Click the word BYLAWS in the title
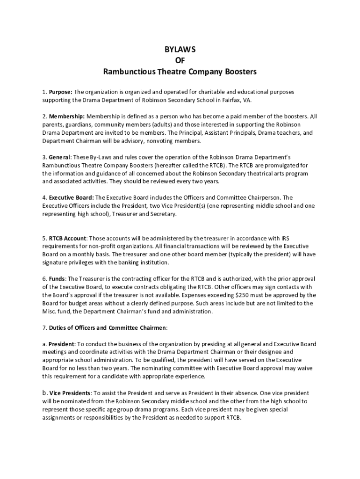(x=180, y=50)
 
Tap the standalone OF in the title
(x=180, y=61)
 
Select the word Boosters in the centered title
(x=238, y=73)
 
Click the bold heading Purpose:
(x=61, y=92)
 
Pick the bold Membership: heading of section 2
(x=67, y=116)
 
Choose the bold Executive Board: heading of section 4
(x=72, y=197)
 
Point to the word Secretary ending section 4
(x=162, y=214)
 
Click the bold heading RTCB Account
(x=68, y=238)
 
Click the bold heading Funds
(x=58, y=279)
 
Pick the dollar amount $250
(x=243, y=295)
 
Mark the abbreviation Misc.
(x=50, y=312)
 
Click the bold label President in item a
(x=62, y=344)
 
